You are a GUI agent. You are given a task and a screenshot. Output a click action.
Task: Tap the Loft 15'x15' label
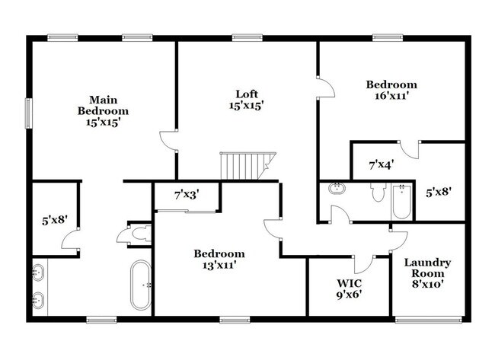246,100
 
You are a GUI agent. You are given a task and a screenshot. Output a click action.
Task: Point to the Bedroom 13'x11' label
219,260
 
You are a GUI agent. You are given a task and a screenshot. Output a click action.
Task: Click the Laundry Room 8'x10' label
427,272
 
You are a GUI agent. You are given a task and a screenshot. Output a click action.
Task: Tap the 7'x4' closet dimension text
381,163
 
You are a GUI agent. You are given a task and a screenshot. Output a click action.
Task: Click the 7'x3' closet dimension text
186,195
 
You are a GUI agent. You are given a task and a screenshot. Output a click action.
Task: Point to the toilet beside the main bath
138,236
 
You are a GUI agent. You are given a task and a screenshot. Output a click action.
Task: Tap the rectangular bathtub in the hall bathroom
401,201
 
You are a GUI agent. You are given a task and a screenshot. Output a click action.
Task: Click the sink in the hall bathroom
337,188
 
